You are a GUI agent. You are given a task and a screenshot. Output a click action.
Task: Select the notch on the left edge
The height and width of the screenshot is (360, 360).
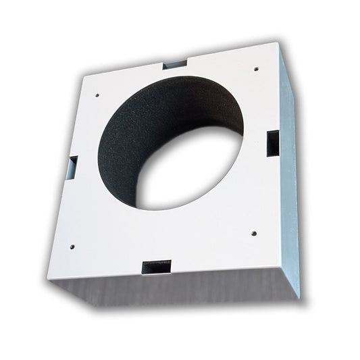point(73,163)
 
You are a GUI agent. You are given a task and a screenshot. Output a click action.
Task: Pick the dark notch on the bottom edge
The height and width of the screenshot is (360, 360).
point(156,265)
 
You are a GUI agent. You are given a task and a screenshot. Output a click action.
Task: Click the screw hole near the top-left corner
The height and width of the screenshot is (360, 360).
point(98,95)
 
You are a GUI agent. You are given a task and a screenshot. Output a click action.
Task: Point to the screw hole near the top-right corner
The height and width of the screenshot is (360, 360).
point(255,68)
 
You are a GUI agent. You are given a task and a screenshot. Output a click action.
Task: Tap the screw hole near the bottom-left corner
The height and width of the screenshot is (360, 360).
point(72,247)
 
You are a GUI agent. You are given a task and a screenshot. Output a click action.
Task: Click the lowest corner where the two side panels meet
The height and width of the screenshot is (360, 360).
point(298,298)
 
